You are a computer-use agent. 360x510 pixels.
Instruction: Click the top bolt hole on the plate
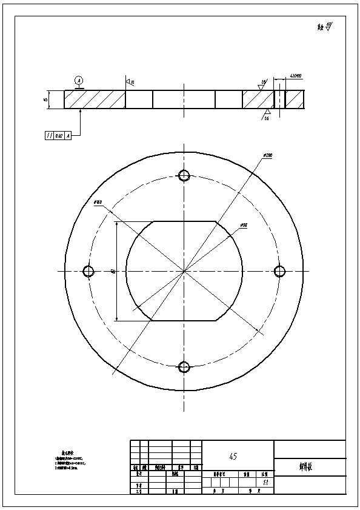click(x=185, y=175)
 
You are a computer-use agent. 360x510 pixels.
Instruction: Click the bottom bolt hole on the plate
click(x=185, y=367)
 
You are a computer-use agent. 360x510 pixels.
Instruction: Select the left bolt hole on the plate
click(x=88, y=271)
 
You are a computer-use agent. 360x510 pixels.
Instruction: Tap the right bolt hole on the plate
click(x=280, y=271)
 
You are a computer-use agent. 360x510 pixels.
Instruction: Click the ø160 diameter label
click(x=98, y=202)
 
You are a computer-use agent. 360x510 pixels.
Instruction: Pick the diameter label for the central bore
click(x=243, y=225)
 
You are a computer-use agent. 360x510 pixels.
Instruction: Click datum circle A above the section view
click(x=78, y=80)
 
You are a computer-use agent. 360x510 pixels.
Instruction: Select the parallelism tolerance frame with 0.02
click(x=59, y=135)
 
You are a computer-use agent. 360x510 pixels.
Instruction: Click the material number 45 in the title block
click(x=233, y=455)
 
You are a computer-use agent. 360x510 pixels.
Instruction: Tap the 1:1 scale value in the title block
click(x=265, y=483)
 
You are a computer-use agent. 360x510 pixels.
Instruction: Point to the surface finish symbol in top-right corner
click(x=325, y=26)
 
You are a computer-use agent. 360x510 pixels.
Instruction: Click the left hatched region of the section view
click(x=95, y=99)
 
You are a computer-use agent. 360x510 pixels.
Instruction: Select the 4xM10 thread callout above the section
click(x=296, y=76)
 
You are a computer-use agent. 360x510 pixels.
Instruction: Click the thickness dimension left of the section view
click(x=45, y=99)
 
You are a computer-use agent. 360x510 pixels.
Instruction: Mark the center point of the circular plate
click(x=184, y=271)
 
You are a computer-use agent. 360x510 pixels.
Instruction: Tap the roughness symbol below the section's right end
click(x=266, y=115)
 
